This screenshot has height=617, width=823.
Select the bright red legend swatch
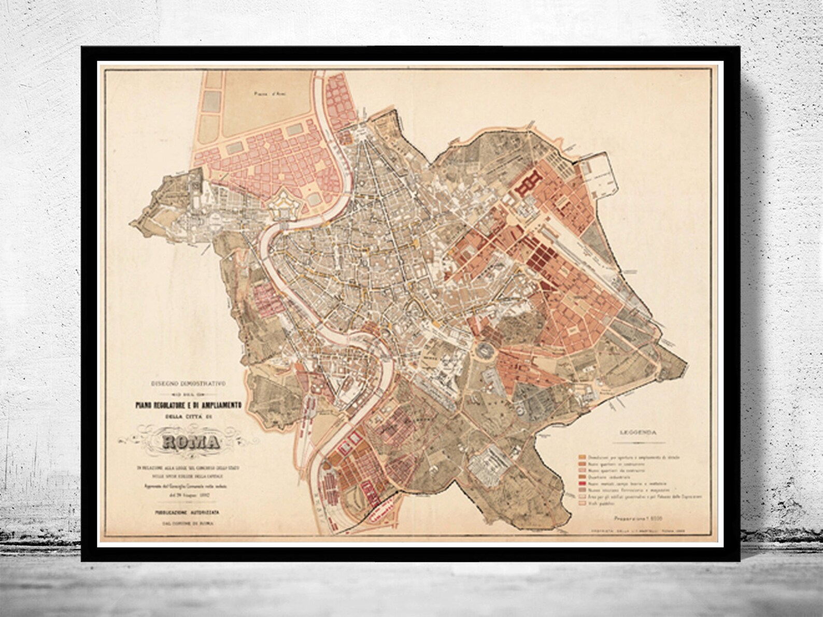click(581, 484)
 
